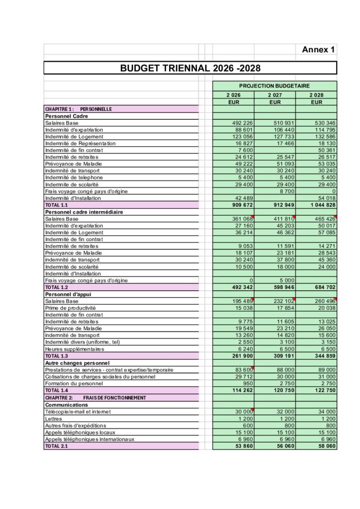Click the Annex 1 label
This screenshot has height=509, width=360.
318,49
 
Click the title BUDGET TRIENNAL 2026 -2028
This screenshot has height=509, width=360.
190,68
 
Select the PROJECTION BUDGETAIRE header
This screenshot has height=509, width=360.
274,86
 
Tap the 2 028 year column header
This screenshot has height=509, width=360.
316,95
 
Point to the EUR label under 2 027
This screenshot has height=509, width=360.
275,102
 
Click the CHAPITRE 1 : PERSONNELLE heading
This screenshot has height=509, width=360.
78,109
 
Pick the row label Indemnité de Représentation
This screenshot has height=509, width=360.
80,143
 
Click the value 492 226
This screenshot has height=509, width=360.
243,123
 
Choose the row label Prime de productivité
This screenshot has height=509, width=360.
70,308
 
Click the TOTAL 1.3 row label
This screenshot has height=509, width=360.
56,356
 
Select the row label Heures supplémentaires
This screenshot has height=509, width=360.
75,349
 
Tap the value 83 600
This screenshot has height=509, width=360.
244,370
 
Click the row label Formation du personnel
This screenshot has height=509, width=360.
75,383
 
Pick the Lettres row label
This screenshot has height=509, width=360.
53,419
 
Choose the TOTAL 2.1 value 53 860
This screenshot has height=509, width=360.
244,446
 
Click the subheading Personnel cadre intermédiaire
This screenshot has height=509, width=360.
84,212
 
